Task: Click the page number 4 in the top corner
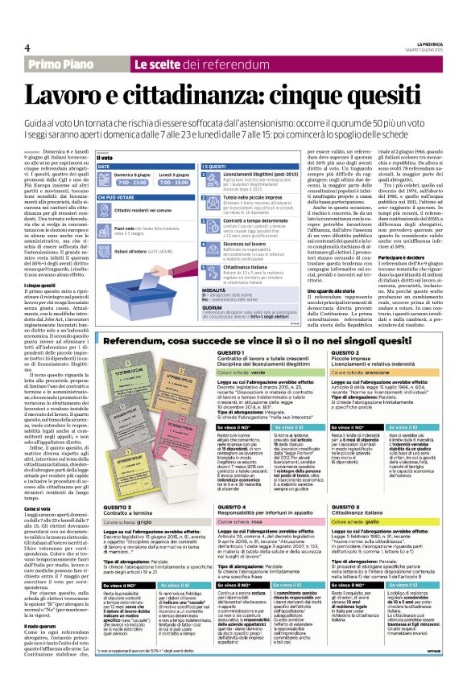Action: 27,45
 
